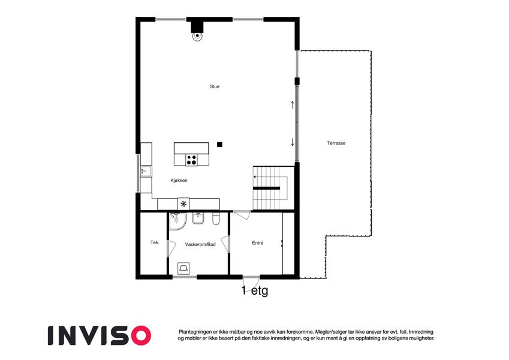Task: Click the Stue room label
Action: (x=215, y=86)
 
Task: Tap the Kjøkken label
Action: (x=179, y=181)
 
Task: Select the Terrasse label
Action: (x=336, y=143)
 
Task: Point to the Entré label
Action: (x=258, y=243)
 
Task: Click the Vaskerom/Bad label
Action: (x=200, y=244)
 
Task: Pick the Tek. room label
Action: (x=155, y=242)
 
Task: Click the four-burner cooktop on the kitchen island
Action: (x=191, y=160)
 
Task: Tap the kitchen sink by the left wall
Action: (x=146, y=171)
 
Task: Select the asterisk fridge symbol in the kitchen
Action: (x=183, y=204)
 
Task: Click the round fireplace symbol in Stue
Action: (x=197, y=37)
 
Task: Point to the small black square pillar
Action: (x=220, y=145)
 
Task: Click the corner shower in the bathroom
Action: (x=177, y=221)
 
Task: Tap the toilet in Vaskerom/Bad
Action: (x=216, y=219)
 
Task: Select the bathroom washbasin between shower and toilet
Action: (x=198, y=218)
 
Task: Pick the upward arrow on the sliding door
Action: (x=293, y=105)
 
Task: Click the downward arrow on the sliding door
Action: (x=293, y=142)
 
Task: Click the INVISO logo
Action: (x=100, y=335)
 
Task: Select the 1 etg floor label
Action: (x=255, y=290)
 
